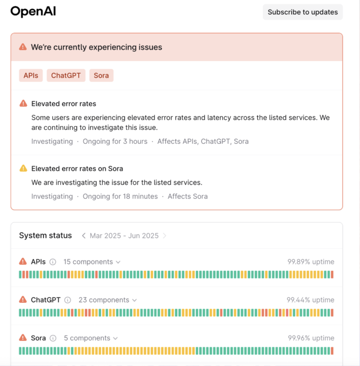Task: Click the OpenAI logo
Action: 33,12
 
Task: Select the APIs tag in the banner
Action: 31,75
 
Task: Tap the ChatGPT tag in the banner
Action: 66,75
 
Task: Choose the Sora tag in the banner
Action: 101,75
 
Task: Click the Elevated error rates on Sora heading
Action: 77,168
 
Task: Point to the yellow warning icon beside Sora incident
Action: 24,168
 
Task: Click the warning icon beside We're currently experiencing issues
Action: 23,47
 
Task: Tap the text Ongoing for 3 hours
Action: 115,141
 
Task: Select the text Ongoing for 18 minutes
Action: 120,196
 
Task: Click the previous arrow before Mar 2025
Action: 84,236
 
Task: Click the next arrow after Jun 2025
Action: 165,236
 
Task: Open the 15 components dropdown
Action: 92,262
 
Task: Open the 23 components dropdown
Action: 107,300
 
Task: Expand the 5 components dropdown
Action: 90,338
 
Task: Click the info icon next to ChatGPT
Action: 68,300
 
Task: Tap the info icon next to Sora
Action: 53,338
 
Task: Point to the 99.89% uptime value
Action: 311,262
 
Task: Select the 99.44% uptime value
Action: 311,300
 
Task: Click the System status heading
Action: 45,236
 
